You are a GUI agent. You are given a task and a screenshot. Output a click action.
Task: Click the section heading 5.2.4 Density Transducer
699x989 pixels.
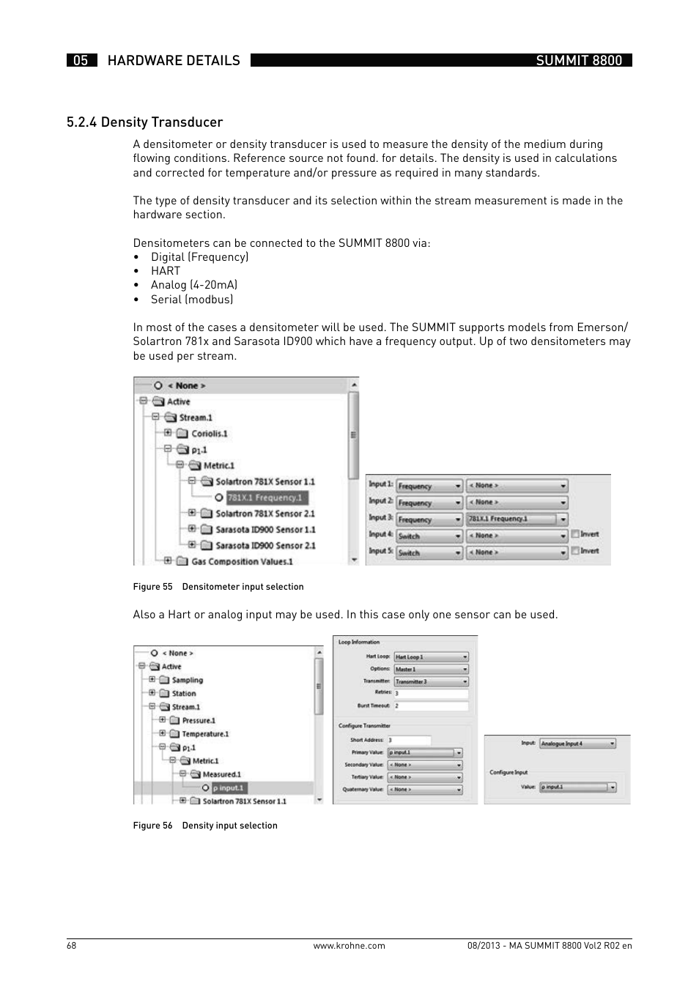[x=144, y=122]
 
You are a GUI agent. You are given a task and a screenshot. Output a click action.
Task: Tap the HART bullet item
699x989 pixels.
[x=166, y=271]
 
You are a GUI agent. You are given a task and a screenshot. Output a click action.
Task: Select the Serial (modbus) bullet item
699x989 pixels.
[x=192, y=299]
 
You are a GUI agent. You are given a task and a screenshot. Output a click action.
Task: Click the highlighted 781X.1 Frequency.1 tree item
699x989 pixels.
[x=265, y=498]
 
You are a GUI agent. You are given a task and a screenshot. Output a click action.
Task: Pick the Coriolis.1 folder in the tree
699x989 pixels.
[x=209, y=434]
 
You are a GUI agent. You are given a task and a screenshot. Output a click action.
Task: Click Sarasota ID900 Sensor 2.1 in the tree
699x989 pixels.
[x=265, y=546]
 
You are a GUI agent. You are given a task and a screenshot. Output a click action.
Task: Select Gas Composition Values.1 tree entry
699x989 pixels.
[x=242, y=562]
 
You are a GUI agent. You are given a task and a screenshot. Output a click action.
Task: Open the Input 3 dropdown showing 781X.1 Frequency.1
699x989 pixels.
[x=517, y=519]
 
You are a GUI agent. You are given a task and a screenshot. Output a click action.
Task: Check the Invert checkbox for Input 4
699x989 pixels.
[x=575, y=535]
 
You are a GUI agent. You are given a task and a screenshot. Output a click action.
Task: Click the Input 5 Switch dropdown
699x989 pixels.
[x=429, y=553]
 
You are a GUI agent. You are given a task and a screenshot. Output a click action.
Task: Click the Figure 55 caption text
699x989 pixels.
[x=218, y=587]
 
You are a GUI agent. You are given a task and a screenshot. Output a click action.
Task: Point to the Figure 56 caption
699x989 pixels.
[x=205, y=826]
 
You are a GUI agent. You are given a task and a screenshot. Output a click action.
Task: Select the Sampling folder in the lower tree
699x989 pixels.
[x=187, y=681]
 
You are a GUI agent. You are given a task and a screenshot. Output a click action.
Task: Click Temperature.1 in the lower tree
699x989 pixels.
[x=205, y=734]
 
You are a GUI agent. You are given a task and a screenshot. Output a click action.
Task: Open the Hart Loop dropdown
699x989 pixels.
[x=431, y=657]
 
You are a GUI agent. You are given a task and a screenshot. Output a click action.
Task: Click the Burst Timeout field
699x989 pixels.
[x=431, y=706]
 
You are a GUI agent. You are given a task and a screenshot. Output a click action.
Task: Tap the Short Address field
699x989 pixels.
[x=409, y=741]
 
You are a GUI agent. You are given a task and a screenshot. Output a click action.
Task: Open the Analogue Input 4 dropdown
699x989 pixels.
[x=577, y=744]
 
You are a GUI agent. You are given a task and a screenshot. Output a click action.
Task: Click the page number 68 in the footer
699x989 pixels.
[x=71, y=946]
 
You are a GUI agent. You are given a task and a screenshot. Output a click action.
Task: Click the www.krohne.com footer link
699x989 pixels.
[x=349, y=946]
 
